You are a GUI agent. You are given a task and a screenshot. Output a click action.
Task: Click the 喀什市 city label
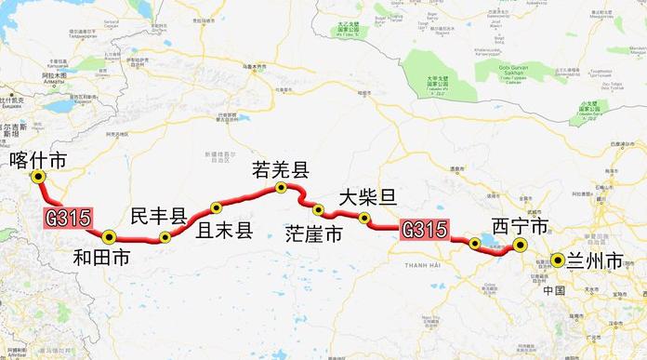tap(36, 159)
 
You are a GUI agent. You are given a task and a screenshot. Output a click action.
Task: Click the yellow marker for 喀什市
tap(38, 177)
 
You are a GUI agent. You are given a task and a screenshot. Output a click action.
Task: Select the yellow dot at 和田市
tap(109, 235)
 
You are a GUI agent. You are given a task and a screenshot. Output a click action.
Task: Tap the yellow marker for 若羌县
tap(280, 189)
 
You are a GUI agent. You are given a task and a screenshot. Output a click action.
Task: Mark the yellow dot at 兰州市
tap(556, 261)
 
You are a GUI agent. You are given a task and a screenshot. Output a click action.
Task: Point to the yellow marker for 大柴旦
tap(364, 219)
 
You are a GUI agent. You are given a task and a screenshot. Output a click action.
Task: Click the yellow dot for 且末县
tap(216, 207)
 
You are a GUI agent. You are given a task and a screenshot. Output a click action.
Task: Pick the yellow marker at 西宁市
tap(521, 246)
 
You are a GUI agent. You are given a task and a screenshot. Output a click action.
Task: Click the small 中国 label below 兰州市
tap(555, 290)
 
